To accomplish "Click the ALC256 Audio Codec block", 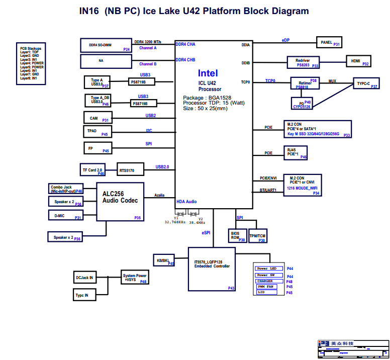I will point(120,201).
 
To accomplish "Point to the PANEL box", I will point(329,43).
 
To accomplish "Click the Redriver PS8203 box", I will point(304,62).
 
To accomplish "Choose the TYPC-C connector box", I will point(365,84).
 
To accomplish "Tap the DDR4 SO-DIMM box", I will point(106,45).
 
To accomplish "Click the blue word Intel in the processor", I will point(208,73).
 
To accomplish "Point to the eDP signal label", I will point(285,40).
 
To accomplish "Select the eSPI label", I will point(206,233).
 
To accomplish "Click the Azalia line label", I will point(159,195).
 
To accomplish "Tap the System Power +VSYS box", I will point(135,278).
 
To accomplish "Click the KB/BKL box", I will point(164,260).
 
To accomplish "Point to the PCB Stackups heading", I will point(31,48).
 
